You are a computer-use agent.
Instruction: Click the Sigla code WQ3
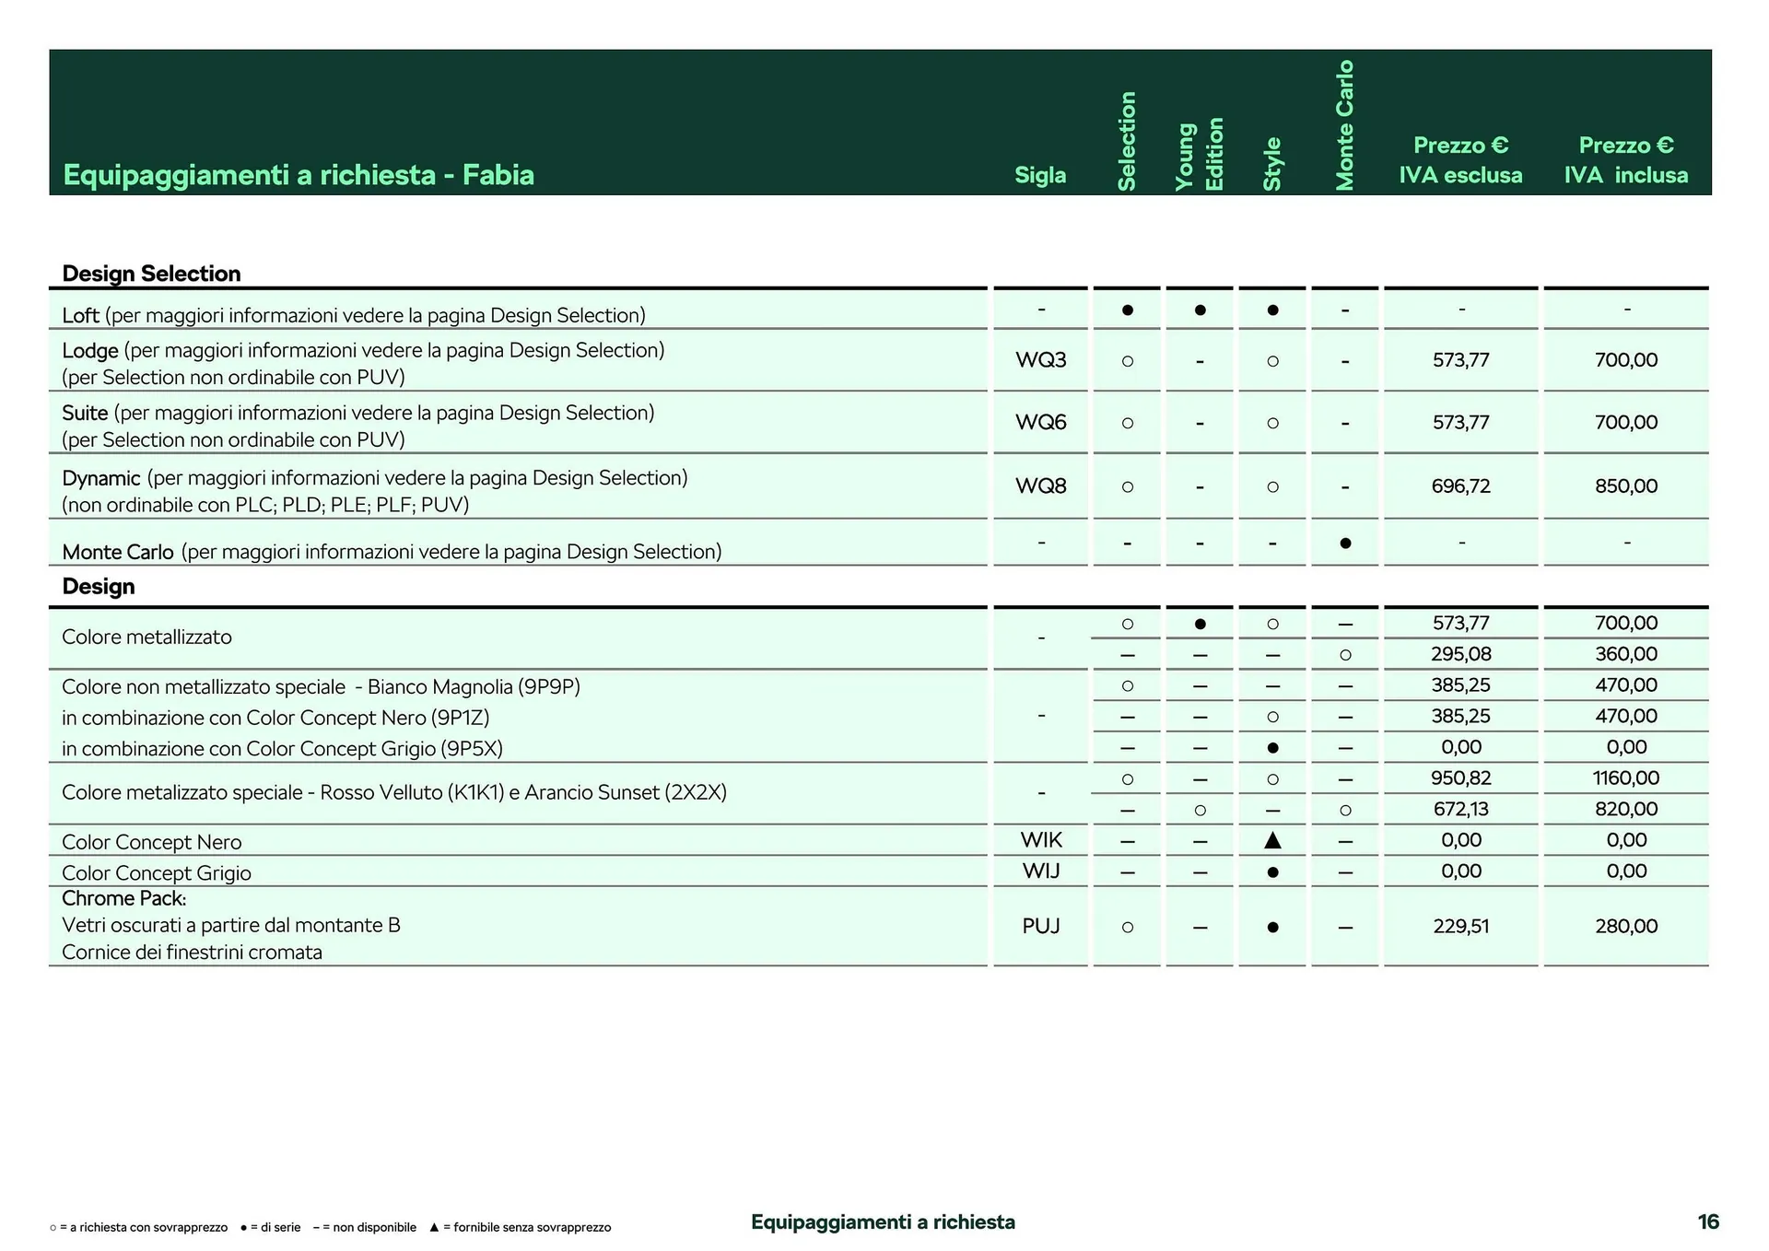[x=1040, y=360]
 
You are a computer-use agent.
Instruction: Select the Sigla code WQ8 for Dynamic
[x=1040, y=485]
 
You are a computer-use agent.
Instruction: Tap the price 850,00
[x=1625, y=485]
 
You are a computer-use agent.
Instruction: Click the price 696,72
[x=1460, y=485]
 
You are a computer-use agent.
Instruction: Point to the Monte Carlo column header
[x=1344, y=125]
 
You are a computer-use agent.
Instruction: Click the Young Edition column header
[x=1199, y=154]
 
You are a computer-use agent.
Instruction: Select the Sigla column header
[x=1040, y=175]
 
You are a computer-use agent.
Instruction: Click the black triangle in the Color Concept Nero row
[x=1272, y=840]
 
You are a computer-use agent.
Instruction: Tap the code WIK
[x=1040, y=840]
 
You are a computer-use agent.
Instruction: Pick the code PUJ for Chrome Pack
[x=1040, y=926]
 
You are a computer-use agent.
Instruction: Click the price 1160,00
[x=1625, y=777]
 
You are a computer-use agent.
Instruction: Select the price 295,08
[x=1460, y=654]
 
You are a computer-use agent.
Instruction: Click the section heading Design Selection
[x=151, y=274]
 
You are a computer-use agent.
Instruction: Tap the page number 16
[x=1707, y=1222]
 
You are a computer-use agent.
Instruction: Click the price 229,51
[x=1460, y=926]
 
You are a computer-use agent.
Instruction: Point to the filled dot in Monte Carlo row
[x=1345, y=544]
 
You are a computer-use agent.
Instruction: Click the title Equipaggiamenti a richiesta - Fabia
[x=299, y=175]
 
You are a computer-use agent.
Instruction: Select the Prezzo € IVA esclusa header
[x=1460, y=160]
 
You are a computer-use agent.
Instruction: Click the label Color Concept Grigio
[x=157, y=872]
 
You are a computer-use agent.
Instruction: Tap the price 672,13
[x=1460, y=809]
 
